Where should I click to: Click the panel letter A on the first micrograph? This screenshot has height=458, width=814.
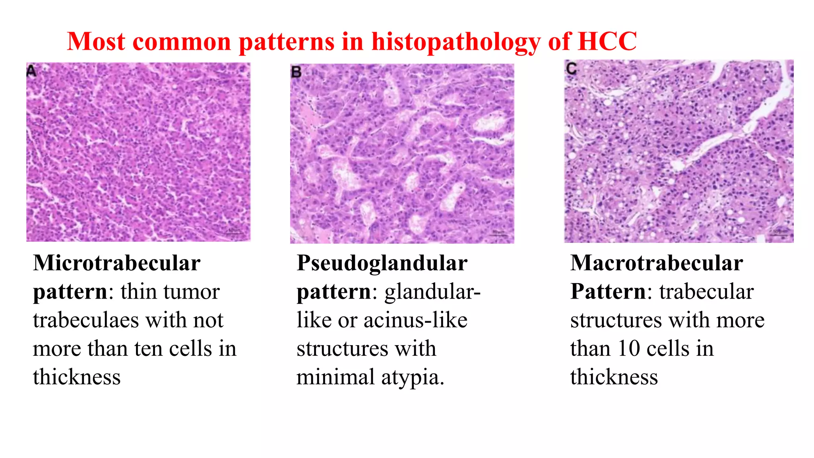(31, 71)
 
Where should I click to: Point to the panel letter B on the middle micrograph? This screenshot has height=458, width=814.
(297, 72)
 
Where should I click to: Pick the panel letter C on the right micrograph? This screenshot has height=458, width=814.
(572, 69)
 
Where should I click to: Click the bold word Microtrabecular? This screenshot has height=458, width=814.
(116, 263)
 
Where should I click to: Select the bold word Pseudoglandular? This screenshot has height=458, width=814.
(382, 263)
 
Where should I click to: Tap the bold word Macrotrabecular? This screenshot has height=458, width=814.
(657, 263)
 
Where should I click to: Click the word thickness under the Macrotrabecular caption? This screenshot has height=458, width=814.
(614, 377)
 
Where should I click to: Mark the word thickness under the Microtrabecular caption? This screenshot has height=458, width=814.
(77, 377)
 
